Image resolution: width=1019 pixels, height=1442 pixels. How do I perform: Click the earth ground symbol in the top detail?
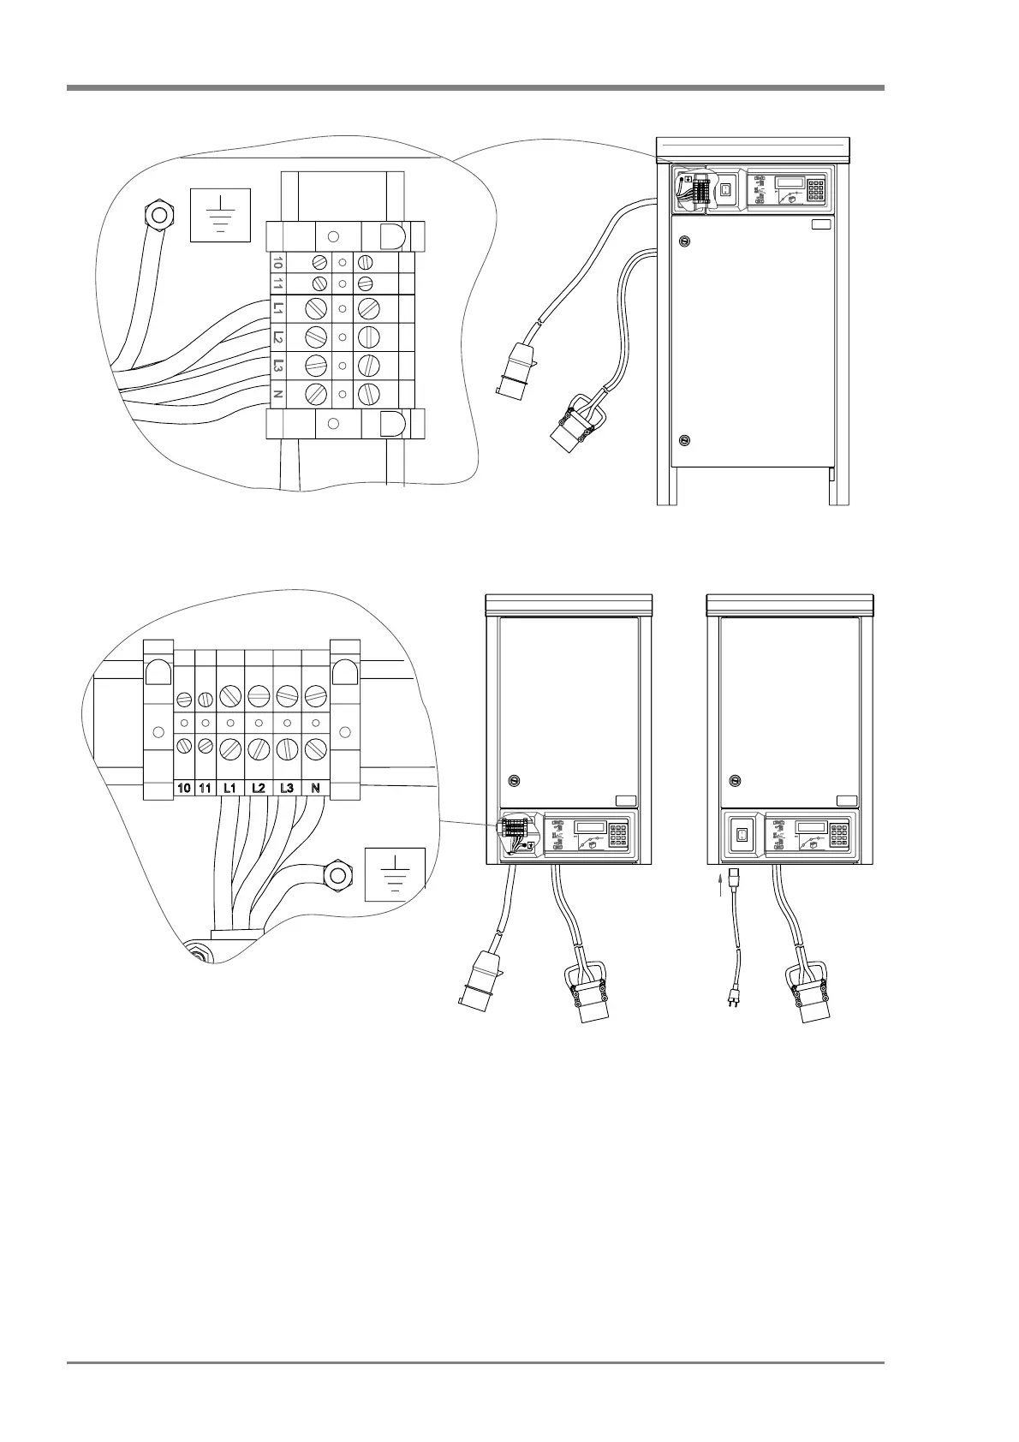point(221,214)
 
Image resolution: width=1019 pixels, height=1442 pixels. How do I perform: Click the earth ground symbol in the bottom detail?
point(395,874)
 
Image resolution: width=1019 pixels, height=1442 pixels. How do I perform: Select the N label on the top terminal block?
point(277,394)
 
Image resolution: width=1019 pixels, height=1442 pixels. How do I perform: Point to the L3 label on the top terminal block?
point(277,366)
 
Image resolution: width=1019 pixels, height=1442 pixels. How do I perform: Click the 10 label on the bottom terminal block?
point(183,788)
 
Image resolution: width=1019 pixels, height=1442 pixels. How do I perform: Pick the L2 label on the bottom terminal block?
point(258,788)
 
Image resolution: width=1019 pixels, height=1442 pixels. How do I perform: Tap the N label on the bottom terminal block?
point(315,788)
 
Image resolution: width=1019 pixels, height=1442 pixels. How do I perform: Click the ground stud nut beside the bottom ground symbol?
point(337,875)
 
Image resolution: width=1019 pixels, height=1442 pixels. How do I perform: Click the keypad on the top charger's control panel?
point(815,189)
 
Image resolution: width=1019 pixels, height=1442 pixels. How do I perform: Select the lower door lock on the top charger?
point(684,441)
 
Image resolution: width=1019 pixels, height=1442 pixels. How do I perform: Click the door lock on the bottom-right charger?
point(734,780)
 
